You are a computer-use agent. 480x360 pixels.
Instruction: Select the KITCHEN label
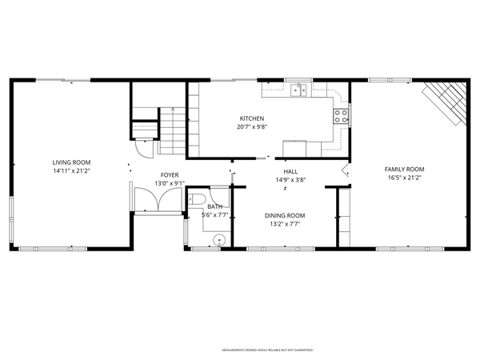click(250, 118)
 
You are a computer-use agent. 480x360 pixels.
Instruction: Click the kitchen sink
click(300, 90)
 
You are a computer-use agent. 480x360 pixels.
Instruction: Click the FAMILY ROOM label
click(404, 169)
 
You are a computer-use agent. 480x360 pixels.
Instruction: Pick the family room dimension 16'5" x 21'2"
click(404, 178)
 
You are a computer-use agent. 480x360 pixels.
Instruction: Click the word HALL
click(290, 171)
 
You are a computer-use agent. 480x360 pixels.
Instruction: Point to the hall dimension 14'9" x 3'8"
click(290, 180)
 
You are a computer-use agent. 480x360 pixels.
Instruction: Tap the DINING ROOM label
click(285, 215)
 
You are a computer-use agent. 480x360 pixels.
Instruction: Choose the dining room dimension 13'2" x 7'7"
click(285, 224)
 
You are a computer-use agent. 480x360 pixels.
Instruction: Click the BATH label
click(215, 206)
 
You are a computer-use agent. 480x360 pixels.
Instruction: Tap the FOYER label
click(169, 174)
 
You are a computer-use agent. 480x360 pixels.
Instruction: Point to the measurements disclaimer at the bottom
click(266, 350)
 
